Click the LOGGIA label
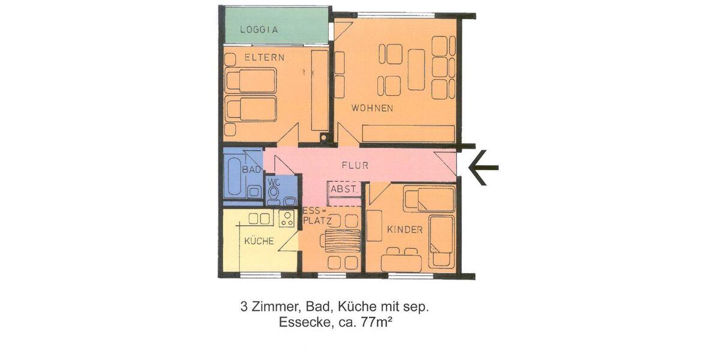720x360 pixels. tap(259, 29)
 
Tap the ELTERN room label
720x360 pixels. tap(264, 58)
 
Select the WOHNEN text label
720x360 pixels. tap(372, 109)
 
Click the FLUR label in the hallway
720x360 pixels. tap(355, 165)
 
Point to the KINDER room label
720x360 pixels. tap(404, 230)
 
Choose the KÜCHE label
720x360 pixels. tap(259, 241)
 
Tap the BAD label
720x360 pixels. tap(251, 170)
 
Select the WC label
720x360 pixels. tap(274, 182)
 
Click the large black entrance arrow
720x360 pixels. tap(483, 167)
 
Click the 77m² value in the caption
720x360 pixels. tap(377, 322)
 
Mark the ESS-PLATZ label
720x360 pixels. tap(313, 216)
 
